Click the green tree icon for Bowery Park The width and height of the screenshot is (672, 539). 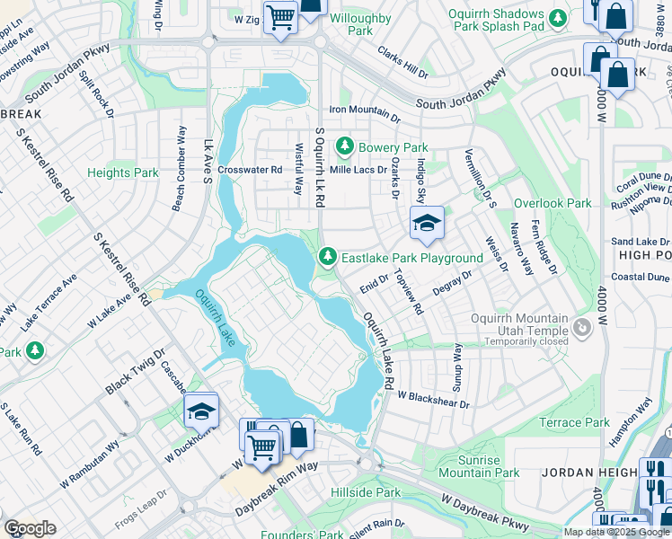pyautogui.click(x=344, y=146)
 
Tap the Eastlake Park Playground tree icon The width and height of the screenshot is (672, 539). pyautogui.click(x=329, y=258)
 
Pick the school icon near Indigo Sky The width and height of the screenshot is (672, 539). pyautogui.click(x=427, y=223)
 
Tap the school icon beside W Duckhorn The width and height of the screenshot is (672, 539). pyautogui.click(x=201, y=411)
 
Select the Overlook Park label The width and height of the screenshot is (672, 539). pyautogui.click(x=553, y=203)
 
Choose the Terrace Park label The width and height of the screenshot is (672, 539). pyautogui.click(x=574, y=422)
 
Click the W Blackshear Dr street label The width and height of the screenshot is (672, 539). pyautogui.click(x=433, y=399)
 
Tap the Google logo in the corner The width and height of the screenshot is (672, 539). pyautogui.click(x=30, y=528)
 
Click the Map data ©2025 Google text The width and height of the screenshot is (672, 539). pyautogui.click(x=616, y=532)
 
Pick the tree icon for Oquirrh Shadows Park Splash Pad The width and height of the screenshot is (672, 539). pyautogui.click(x=558, y=17)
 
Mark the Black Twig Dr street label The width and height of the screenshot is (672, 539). pyautogui.click(x=136, y=370)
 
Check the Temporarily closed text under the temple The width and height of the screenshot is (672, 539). pyautogui.click(x=524, y=341)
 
